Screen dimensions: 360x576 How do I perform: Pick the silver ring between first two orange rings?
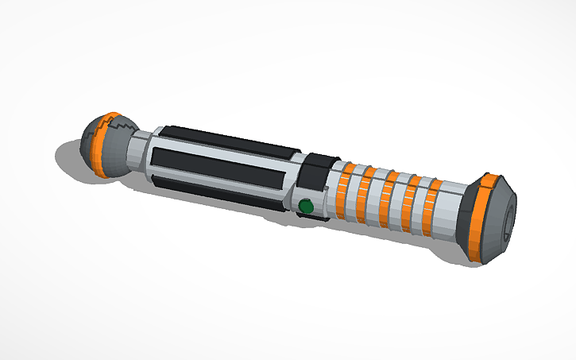pos(355,195)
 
